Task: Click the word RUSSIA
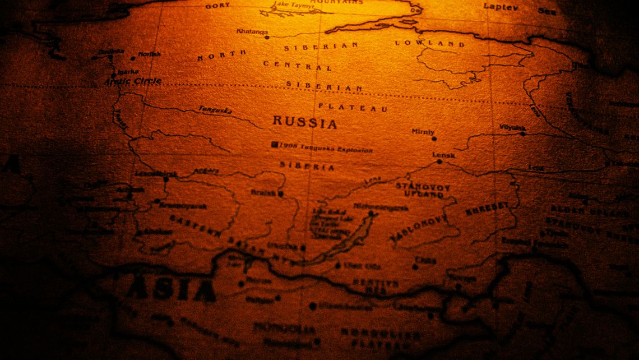[x=305, y=122]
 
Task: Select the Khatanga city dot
[x=267, y=38]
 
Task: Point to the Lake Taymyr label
[x=290, y=6]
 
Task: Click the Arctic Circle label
[x=133, y=81]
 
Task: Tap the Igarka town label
[x=128, y=72]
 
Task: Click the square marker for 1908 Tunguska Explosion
[x=275, y=145]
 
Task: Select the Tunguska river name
[x=215, y=110]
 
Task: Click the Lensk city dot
[x=439, y=161]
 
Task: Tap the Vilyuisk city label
[x=512, y=127]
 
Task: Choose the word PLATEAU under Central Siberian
[x=353, y=107]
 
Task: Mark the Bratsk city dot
[x=281, y=194]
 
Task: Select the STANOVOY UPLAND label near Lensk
[x=423, y=190]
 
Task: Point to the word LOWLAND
[x=430, y=43]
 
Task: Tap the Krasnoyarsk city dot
[x=157, y=201]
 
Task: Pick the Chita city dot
[x=415, y=267]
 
